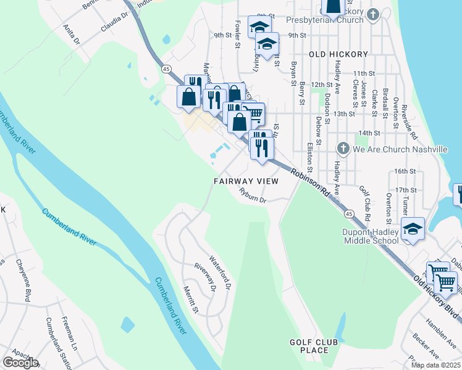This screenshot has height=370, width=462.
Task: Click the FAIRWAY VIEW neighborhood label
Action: (246, 181)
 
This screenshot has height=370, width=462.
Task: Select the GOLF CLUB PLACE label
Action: (313, 346)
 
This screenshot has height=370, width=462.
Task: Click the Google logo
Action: (20, 363)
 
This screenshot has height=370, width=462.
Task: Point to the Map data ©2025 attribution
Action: (435, 365)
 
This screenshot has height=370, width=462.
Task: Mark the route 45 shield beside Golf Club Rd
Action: (349, 213)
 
